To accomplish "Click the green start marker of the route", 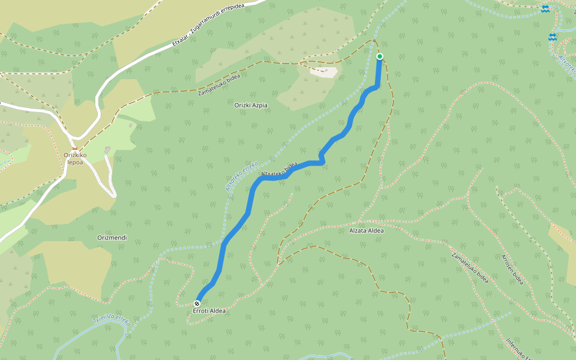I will coord(379,56).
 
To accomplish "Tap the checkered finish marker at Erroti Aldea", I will coord(197,304).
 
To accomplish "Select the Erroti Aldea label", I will coord(209,311).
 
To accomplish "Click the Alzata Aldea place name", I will coord(366,230).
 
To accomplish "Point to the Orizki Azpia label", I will coord(250,106).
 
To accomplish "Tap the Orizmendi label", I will coord(112,238).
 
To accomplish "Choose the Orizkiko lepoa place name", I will coord(76,158).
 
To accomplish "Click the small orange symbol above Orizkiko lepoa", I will coord(75,149).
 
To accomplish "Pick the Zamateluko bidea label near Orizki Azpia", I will coord(219,85).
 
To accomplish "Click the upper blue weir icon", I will coord(545,8).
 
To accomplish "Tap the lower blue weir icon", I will coord(552,37).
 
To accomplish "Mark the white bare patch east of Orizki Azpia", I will coord(324,72).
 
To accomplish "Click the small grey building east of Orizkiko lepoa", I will coord(107,149).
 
